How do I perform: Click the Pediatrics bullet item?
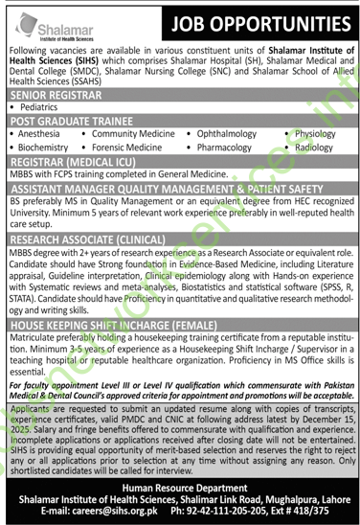[48, 110]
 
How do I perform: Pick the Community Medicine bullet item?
[129, 136]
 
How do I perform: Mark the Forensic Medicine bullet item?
[129, 149]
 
